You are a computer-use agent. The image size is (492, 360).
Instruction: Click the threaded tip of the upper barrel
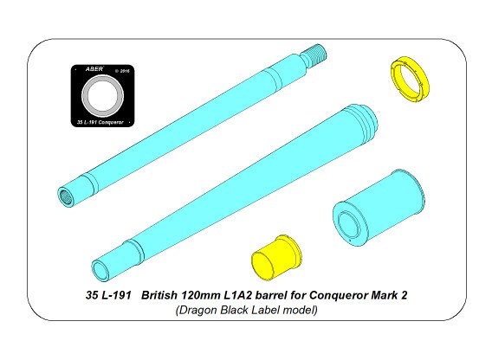click(x=322, y=56)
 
